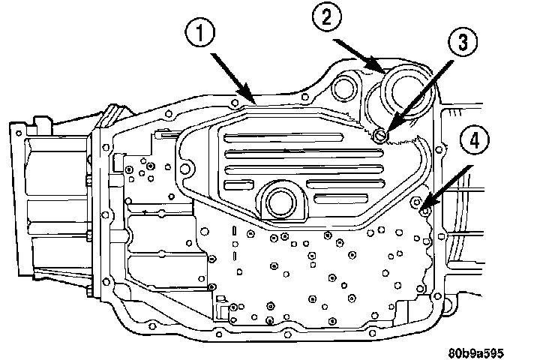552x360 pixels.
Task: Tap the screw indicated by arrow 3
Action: pyautogui.click(x=379, y=135)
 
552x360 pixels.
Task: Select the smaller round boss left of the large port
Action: pyautogui.click(x=346, y=88)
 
